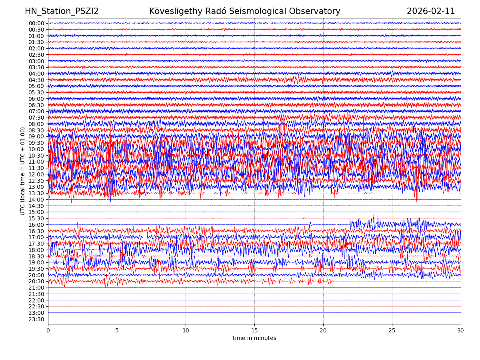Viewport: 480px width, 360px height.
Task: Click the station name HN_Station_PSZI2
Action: [62, 11]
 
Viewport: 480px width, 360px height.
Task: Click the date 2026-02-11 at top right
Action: [431, 11]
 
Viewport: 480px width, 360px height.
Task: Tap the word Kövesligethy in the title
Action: [176, 11]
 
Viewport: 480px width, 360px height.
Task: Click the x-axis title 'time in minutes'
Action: [254, 338]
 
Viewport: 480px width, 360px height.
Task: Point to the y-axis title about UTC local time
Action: [23, 171]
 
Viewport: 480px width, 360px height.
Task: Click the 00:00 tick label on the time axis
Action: [36, 23]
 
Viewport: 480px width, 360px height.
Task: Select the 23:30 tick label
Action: [36, 319]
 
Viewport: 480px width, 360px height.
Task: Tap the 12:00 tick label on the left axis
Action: [36, 174]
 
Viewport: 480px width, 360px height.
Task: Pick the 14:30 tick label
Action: [36, 206]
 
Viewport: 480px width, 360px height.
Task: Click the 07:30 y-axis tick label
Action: [36, 118]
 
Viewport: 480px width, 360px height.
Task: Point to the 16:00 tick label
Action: [36, 225]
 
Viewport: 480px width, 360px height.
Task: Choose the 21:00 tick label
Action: [36, 288]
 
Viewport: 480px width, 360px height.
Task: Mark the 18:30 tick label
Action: [36, 256]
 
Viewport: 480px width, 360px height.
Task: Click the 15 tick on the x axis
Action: [254, 331]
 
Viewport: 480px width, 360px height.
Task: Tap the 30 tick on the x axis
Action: [461, 331]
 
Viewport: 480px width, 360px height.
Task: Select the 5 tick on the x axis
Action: [117, 331]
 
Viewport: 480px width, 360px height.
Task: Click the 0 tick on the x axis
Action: [48, 331]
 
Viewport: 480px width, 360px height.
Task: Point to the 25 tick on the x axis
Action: [392, 331]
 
